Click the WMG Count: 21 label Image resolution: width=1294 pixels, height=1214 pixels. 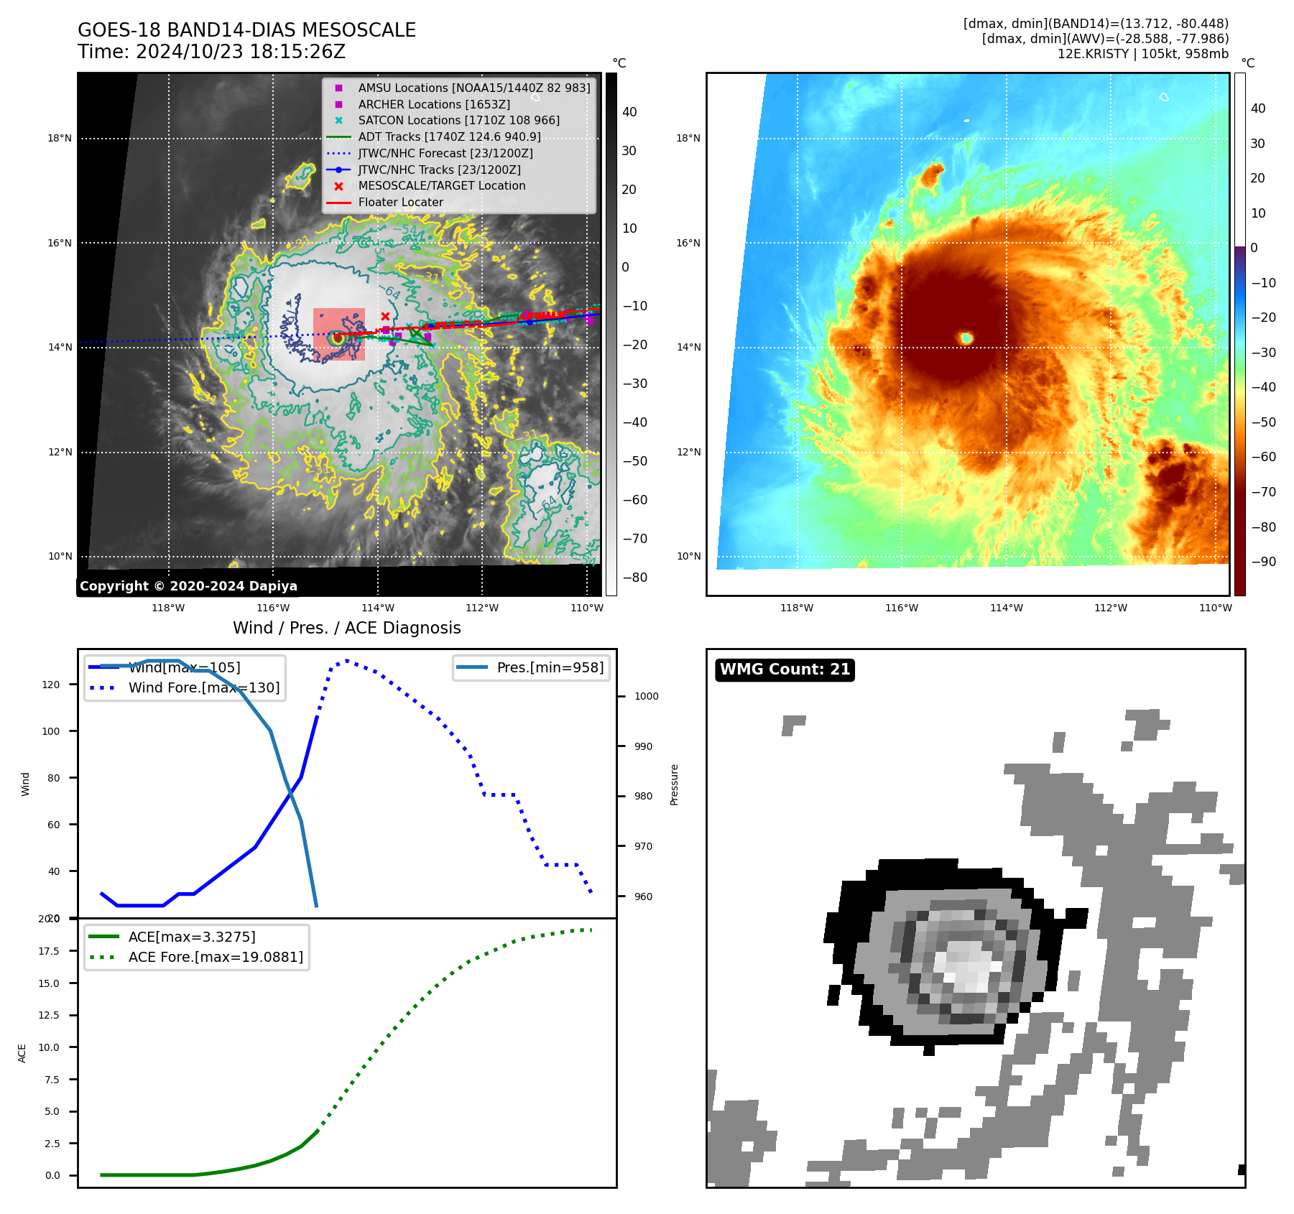(785, 669)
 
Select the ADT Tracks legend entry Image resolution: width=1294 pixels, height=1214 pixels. (449, 136)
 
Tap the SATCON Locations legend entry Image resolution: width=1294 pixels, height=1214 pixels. (458, 120)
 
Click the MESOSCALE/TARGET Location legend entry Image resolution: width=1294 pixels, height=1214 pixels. (441, 185)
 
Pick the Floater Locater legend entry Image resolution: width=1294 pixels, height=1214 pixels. (400, 202)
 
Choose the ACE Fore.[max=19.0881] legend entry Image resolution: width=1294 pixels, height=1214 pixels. (215, 957)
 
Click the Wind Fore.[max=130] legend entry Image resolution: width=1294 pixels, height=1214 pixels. (203, 687)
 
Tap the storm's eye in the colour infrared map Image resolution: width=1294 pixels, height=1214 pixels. (966, 338)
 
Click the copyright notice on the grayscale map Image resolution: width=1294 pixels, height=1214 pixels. (188, 586)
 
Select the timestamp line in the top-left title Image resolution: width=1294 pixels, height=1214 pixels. (211, 52)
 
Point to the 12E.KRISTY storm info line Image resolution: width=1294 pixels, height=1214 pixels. (1142, 54)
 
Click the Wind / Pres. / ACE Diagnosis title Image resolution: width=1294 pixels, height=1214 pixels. (346, 628)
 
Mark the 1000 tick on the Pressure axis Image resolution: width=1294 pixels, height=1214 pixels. (646, 696)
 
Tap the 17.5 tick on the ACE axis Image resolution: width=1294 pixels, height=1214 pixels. (49, 951)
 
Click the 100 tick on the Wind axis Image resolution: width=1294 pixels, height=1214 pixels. (51, 731)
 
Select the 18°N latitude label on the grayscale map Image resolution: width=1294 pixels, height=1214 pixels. (60, 139)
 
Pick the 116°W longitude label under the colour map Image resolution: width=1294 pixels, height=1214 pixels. (901, 608)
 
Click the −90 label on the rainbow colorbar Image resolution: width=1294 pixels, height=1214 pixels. (1263, 562)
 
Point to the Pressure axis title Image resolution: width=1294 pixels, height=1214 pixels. (674, 784)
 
